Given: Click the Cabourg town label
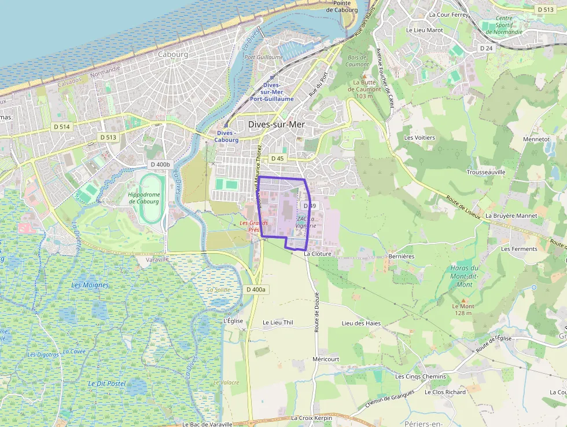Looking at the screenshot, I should coord(172,54).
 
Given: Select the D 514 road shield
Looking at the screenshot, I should coord(61,126).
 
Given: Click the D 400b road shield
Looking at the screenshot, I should coord(160,165).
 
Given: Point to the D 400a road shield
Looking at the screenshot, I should coord(255,289).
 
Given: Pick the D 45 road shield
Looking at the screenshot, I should coord(278,158).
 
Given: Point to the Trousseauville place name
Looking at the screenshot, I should coord(486,172).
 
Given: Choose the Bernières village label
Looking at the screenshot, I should coord(402,256).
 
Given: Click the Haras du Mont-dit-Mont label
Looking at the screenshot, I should coord(465,276).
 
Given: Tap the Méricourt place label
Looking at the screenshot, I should coord(325,359).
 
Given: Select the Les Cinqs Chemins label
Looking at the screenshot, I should coord(421,377).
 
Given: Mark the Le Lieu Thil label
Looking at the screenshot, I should coord(278,323).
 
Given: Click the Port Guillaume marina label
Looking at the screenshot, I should coord(263,57).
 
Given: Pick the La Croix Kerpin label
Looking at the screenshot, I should coord(311,418).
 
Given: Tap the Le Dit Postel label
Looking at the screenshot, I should coord(107,384).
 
